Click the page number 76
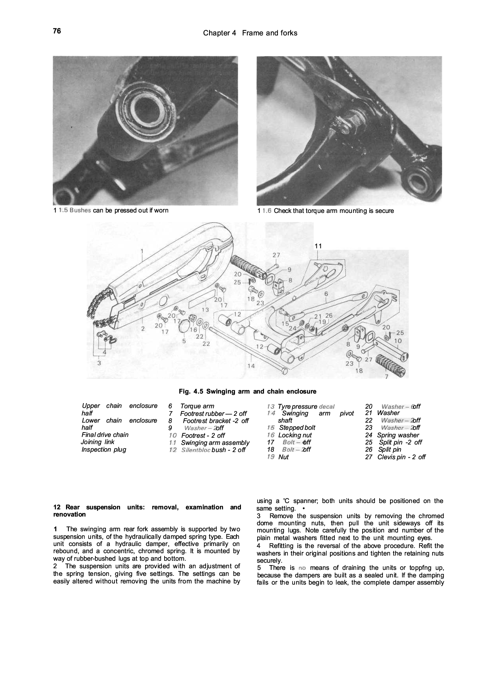tap(56, 31)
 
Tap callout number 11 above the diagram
tap(318, 246)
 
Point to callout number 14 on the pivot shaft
tap(251, 366)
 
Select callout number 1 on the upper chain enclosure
tap(142, 251)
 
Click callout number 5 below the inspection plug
tap(184, 341)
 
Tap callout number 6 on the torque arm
tap(326, 294)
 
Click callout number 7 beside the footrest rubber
tap(386, 376)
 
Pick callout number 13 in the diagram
tap(205, 309)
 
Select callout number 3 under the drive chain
tap(99, 363)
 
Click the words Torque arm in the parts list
tap(197, 406)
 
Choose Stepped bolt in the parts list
tap(297, 428)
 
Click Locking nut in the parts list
tap(295, 435)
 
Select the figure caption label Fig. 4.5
tap(191, 392)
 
